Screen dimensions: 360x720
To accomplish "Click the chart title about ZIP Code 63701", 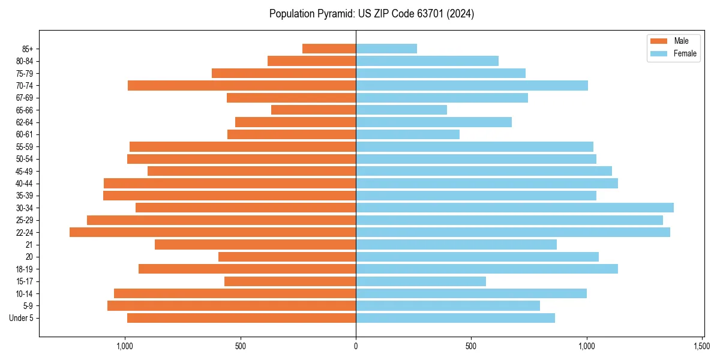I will click(x=371, y=14).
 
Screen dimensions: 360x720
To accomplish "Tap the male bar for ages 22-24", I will click(x=212, y=232).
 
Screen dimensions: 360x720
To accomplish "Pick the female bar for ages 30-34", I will click(x=514, y=208).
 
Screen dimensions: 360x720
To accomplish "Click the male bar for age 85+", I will click(x=329, y=49).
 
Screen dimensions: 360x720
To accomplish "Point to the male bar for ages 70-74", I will click(x=242, y=85).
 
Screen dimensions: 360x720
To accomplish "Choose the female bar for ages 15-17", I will click(x=421, y=281).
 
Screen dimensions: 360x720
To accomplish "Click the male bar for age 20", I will click(x=287, y=257).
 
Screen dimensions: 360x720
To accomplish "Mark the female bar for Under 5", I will click(x=455, y=318).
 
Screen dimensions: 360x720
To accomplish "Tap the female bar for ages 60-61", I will click(x=407, y=134).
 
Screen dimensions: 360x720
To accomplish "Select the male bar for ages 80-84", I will click(x=311, y=61).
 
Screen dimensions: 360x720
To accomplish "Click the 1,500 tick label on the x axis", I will click(x=702, y=346).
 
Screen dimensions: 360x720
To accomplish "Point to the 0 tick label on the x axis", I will click(x=356, y=346).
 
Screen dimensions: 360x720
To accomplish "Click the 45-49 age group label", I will click(x=25, y=171).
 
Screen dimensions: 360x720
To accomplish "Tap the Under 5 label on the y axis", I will click(x=22, y=318).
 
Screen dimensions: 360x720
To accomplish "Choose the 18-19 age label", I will click(x=25, y=269).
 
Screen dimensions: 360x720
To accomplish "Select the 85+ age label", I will click(x=28, y=49).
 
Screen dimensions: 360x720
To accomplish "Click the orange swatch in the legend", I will click(x=658, y=41).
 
